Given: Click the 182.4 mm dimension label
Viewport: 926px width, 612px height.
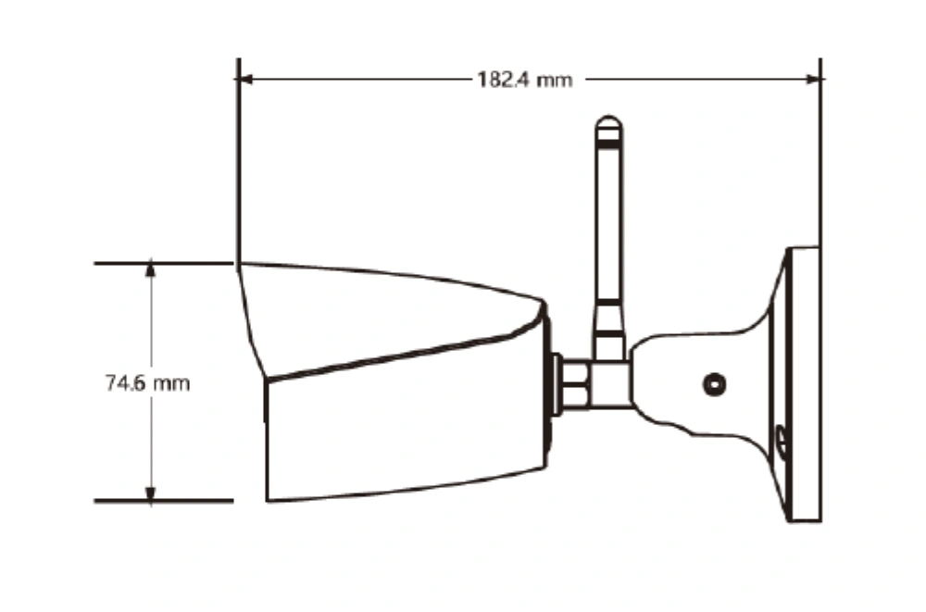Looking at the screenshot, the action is (x=524, y=79).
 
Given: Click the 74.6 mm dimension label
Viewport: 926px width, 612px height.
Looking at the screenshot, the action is (x=147, y=382).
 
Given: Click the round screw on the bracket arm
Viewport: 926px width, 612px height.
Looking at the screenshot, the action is (x=715, y=384).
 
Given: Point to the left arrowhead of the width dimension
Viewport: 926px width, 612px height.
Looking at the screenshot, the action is (x=245, y=79).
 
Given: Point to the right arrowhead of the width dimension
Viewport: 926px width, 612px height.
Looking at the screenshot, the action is (x=813, y=79).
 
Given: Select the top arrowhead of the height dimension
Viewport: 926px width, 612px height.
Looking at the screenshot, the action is (x=151, y=269).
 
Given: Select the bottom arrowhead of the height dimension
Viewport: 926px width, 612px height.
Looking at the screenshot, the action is (x=151, y=493).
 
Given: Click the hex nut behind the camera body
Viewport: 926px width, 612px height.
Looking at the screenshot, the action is (x=575, y=384).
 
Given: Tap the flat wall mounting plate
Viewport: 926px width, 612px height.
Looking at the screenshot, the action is (x=805, y=384).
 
